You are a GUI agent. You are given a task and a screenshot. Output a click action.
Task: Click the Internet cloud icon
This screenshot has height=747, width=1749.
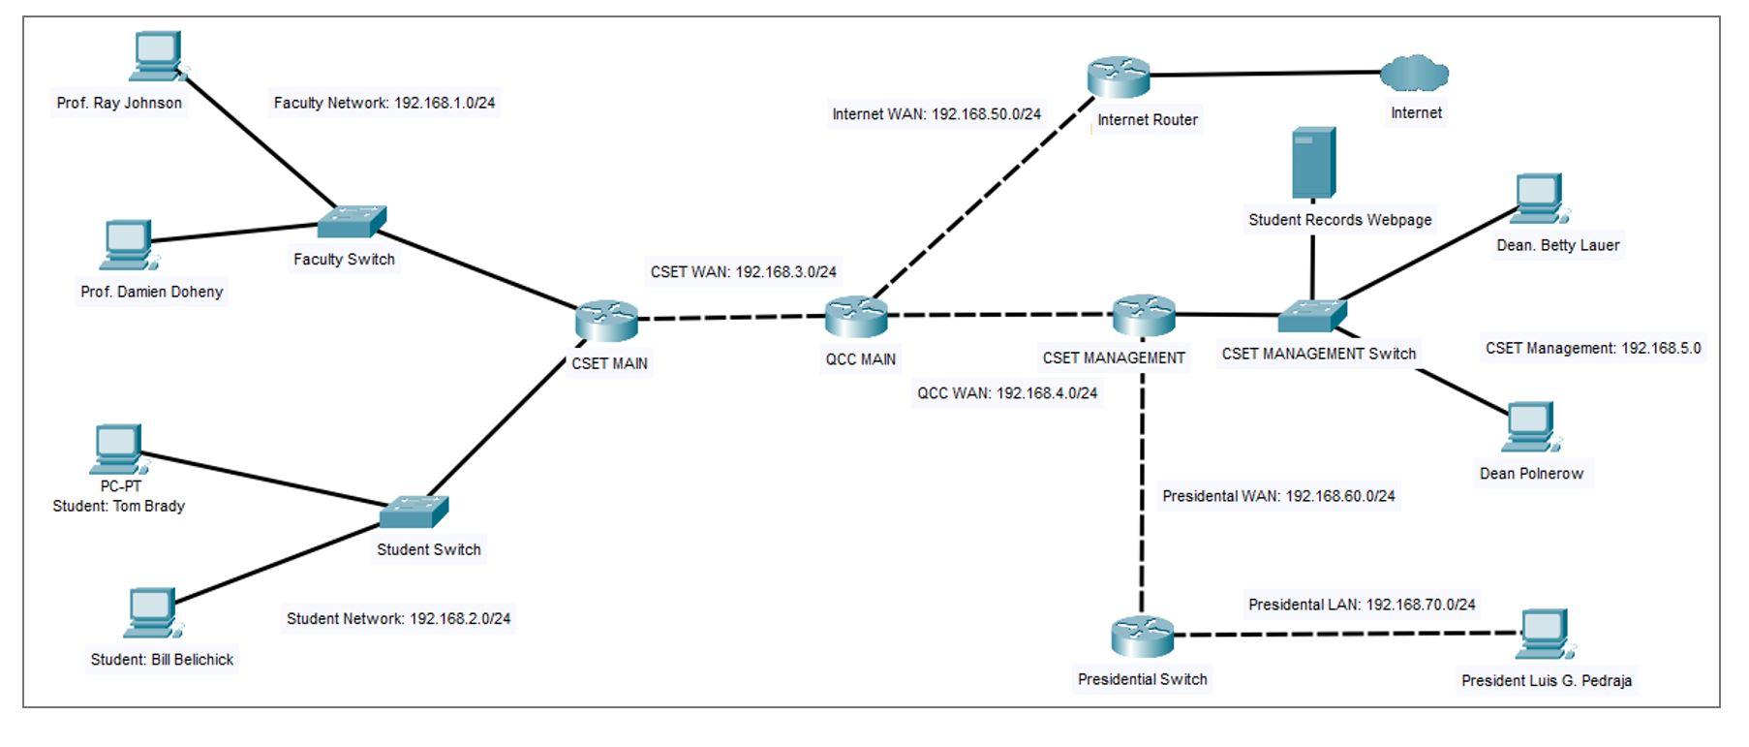pyautogui.click(x=1414, y=73)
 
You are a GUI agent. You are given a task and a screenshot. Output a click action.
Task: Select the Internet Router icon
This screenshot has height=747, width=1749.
pyautogui.click(x=1118, y=77)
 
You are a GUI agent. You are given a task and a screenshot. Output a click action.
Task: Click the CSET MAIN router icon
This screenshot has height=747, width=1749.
pyautogui.click(x=606, y=321)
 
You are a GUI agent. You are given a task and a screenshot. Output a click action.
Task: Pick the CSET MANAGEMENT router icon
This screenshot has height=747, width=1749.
pyautogui.click(x=1144, y=315)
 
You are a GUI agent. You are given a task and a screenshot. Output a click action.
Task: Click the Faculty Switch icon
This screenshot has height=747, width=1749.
pyautogui.click(x=352, y=222)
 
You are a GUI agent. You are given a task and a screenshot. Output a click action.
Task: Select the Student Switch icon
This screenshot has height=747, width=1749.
pyautogui.click(x=414, y=512)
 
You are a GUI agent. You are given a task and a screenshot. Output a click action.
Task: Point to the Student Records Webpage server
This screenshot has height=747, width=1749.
pyautogui.click(x=1314, y=163)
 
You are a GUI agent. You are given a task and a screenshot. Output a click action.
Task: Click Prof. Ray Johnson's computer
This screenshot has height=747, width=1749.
pyautogui.click(x=157, y=57)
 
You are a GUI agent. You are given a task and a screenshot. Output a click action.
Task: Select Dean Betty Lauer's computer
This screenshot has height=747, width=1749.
pyautogui.click(x=1539, y=199)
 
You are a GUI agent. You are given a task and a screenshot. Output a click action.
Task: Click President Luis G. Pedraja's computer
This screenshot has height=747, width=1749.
pyautogui.click(x=1545, y=635)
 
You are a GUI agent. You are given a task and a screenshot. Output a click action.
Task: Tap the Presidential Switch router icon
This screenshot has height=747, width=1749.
pyautogui.click(x=1142, y=637)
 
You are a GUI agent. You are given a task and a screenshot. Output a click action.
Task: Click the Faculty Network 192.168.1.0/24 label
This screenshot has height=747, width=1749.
pyautogui.click(x=384, y=103)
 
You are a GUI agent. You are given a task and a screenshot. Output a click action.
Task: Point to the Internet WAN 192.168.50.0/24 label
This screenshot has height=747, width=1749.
pyautogui.click(x=936, y=114)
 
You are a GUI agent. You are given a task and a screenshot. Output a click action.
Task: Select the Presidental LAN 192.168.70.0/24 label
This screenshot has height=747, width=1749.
pyautogui.click(x=1362, y=605)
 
